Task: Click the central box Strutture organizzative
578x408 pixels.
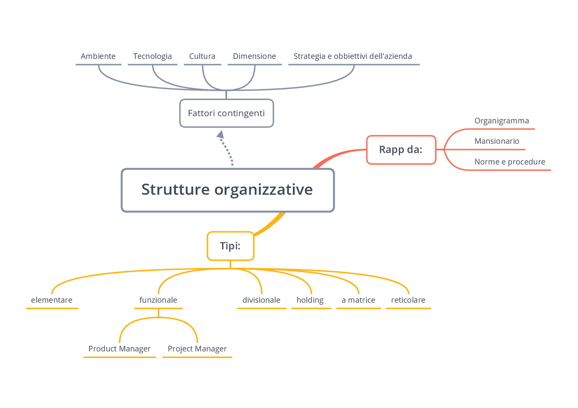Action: [227, 190]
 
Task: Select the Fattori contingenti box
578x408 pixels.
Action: [226, 113]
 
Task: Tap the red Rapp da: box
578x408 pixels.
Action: [401, 149]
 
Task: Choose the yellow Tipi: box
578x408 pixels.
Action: [230, 246]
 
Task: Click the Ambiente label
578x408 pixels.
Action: [98, 56]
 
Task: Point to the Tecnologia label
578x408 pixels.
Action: [152, 56]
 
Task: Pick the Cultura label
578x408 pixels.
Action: [202, 56]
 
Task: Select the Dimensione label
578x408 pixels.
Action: [254, 56]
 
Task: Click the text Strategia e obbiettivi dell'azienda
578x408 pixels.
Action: [353, 56]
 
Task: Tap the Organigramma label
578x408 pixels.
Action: [502, 121]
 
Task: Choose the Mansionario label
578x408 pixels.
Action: [497, 141]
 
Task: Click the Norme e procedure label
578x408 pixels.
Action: [510, 162]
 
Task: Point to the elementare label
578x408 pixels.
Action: [51, 300]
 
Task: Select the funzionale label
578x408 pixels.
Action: [158, 300]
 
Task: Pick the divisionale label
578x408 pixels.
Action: [261, 300]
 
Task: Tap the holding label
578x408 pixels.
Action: [310, 300]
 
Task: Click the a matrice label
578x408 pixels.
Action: [359, 300]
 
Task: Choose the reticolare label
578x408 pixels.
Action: [408, 300]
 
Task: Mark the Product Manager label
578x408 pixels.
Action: [119, 349]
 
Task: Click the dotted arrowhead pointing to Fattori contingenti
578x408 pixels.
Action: [220, 134]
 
